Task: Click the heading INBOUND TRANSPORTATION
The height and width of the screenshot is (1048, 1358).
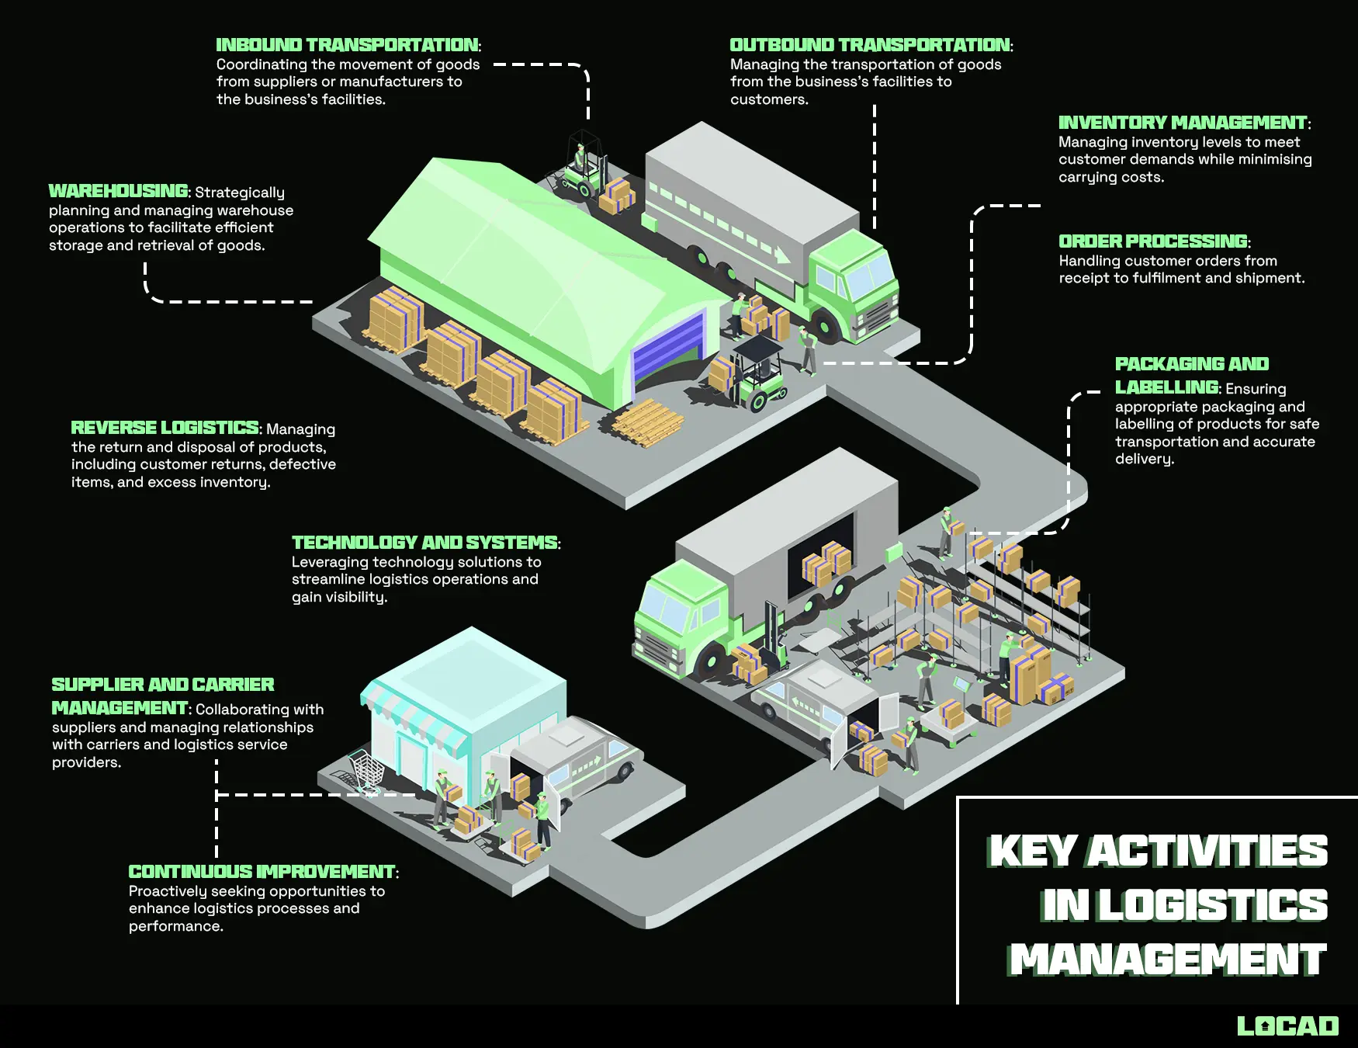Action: tap(347, 45)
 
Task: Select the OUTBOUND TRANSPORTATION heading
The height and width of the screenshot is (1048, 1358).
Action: tap(870, 45)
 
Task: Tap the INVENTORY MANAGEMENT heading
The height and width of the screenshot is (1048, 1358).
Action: tap(1183, 123)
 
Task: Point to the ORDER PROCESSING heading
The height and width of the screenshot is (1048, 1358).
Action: tap(1153, 241)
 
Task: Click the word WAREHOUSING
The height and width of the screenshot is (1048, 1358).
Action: tap(118, 191)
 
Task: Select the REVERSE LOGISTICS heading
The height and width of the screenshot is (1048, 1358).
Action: tap(165, 428)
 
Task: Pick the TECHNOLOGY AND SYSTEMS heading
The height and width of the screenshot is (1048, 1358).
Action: tap(424, 543)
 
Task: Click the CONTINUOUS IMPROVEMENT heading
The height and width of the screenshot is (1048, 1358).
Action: tap(262, 872)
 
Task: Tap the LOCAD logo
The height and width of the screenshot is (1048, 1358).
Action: tap(1287, 1026)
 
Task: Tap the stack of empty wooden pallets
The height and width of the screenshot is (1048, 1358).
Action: tap(646, 423)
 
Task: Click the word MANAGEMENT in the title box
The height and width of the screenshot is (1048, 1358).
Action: tap(1168, 960)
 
